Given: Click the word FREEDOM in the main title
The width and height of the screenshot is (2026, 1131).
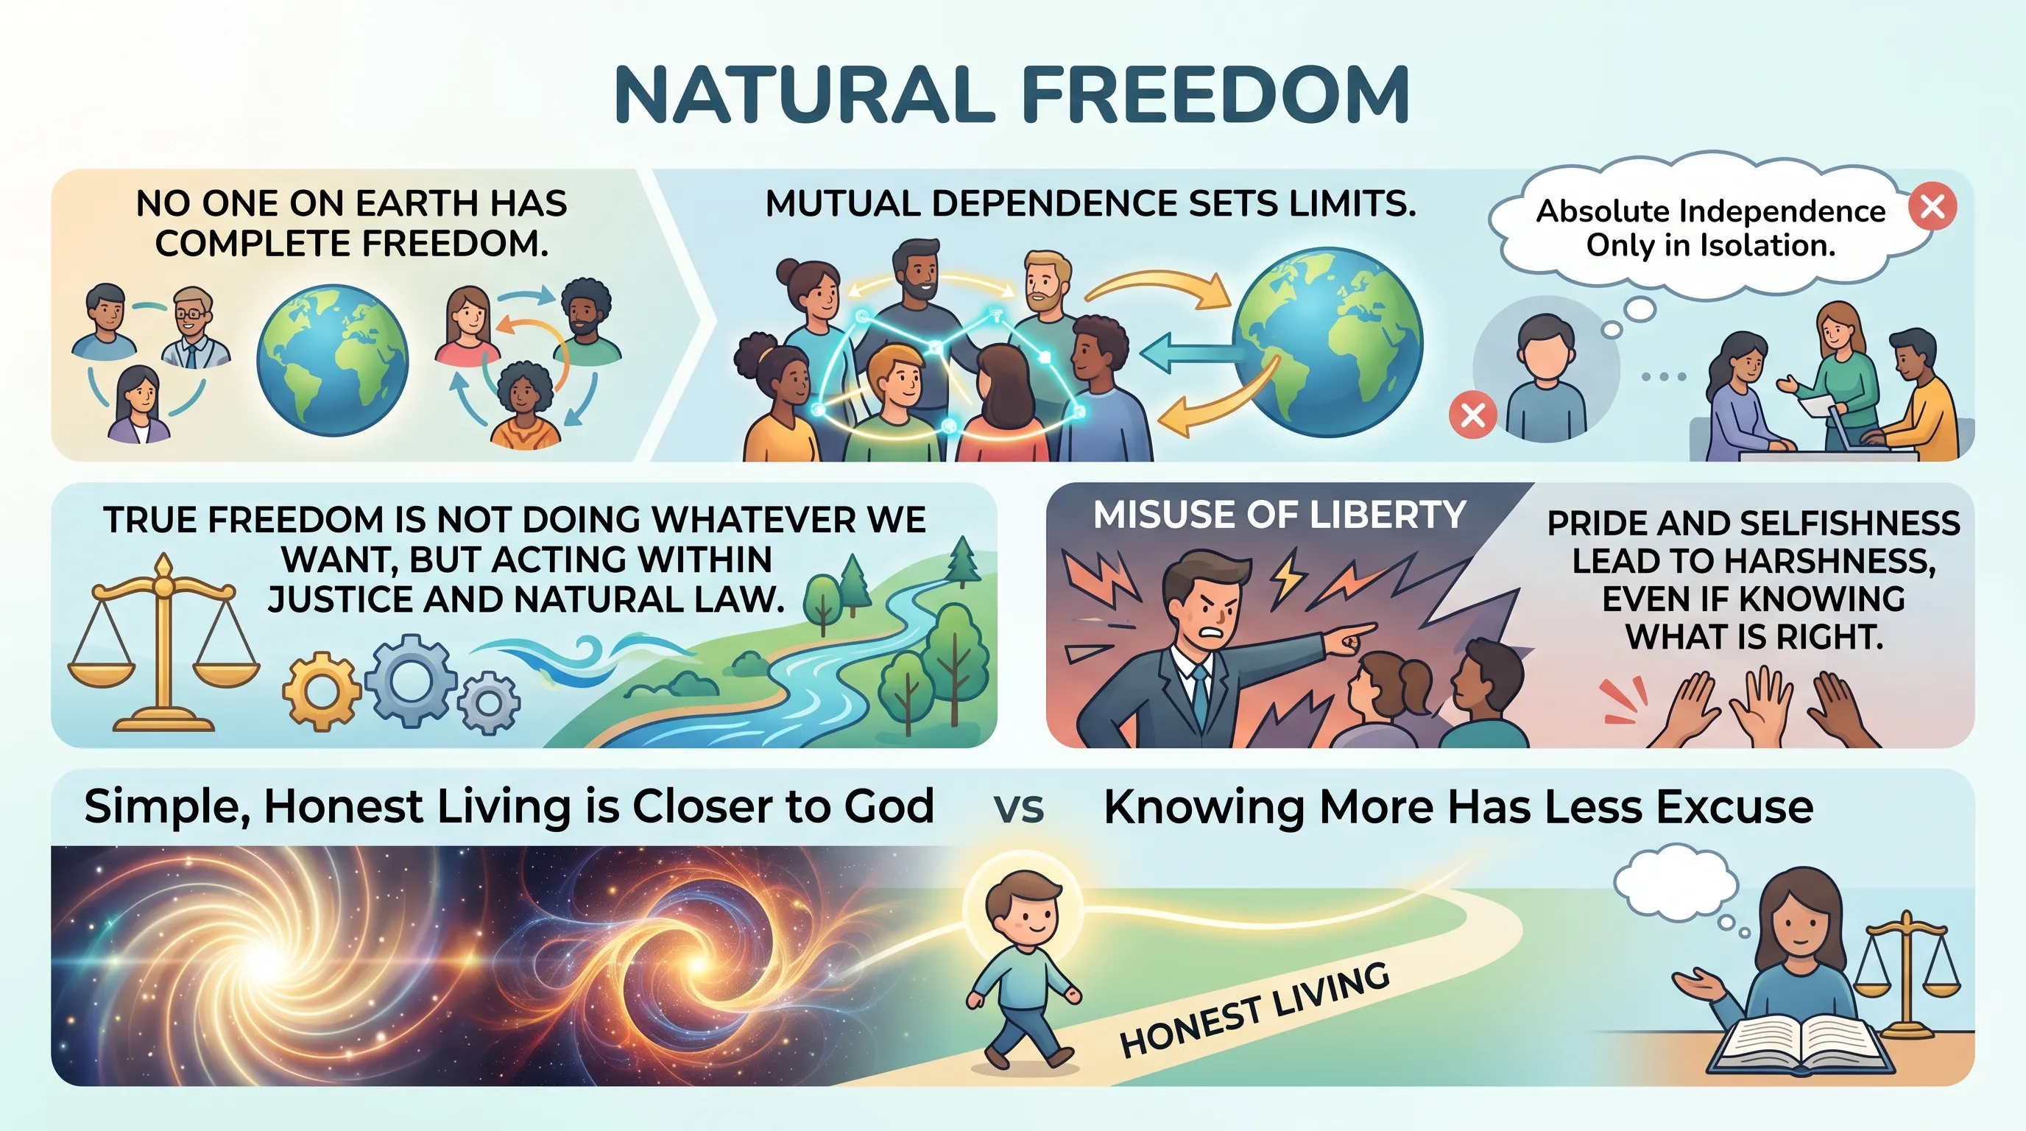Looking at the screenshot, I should (1215, 94).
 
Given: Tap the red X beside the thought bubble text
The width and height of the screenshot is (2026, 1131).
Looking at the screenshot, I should (1933, 206).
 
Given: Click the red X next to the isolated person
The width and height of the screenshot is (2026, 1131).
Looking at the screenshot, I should (1472, 415).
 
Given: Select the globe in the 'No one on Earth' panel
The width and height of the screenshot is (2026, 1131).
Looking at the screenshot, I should (333, 361).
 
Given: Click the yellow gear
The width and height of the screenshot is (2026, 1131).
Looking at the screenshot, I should (321, 691).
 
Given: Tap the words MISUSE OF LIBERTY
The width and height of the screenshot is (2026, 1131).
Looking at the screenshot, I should (1279, 515).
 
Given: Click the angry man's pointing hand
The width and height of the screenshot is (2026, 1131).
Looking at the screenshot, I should (1350, 637).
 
